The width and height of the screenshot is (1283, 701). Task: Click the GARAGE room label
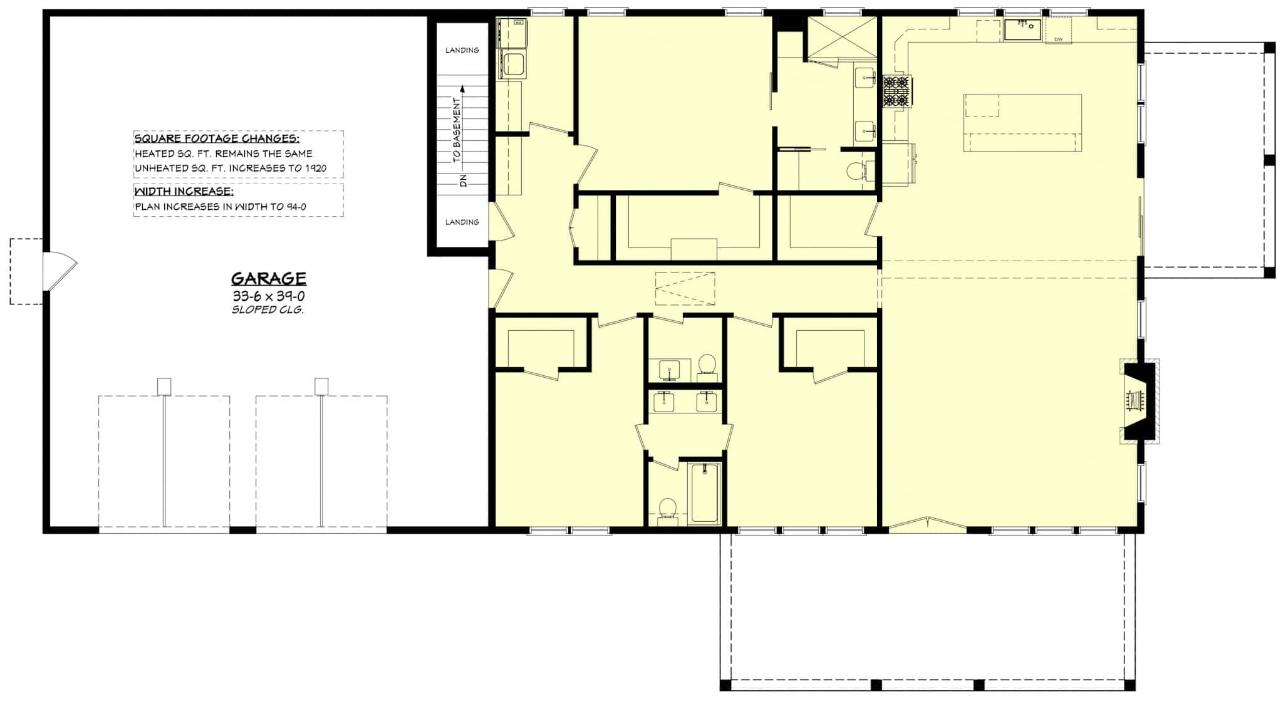click(x=269, y=279)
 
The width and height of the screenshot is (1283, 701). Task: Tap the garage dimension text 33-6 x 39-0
click(x=269, y=296)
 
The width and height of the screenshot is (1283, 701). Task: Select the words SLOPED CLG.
click(x=268, y=310)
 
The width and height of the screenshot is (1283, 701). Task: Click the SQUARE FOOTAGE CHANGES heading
click(x=217, y=139)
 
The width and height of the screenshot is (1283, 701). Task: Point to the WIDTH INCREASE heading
click(x=184, y=191)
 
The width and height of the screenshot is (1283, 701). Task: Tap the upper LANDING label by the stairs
click(x=462, y=50)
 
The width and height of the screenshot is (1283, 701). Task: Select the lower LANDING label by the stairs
click(x=462, y=222)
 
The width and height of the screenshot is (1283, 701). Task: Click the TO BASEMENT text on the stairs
click(x=457, y=130)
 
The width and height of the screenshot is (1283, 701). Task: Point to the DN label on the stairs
click(x=464, y=181)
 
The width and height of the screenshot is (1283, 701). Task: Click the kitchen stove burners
click(x=896, y=91)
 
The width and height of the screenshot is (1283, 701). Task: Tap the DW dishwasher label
click(x=1058, y=39)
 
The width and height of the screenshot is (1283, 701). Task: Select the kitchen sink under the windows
click(x=1023, y=29)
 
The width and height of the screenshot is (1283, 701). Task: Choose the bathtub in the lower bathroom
click(x=705, y=493)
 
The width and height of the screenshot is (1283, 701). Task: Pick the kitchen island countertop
click(x=1022, y=123)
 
